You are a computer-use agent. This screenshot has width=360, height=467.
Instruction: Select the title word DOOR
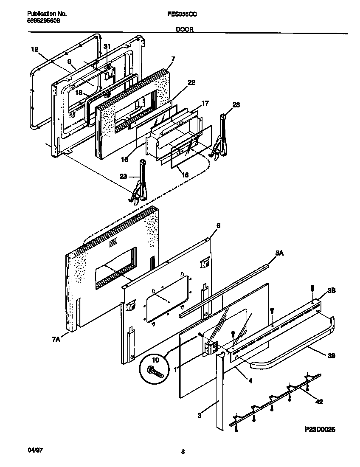pyautogui.click(x=183, y=30)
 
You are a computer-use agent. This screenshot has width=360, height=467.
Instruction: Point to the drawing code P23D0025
pyautogui.click(x=320, y=430)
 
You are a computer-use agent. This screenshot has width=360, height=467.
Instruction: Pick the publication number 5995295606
pyautogui.click(x=40, y=20)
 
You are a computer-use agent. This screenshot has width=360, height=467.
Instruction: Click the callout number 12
pyautogui.click(x=35, y=49)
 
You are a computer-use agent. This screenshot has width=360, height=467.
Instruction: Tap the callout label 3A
pyautogui.click(x=279, y=253)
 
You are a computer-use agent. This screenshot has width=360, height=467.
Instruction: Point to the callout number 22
pyautogui.click(x=191, y=82)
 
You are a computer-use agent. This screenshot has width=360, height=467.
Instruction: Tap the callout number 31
pyautogui.click(x=107, y=46)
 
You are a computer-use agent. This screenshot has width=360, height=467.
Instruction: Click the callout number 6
pyautogui.click(x=218, y=226)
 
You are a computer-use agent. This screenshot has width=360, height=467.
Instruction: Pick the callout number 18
pyautogui.click(x=79, y=92)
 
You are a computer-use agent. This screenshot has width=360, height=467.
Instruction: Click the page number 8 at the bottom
pyautogui.click(x=183, y=452)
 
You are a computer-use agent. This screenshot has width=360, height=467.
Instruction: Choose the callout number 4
pyautogui.click(x=250, y=381)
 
